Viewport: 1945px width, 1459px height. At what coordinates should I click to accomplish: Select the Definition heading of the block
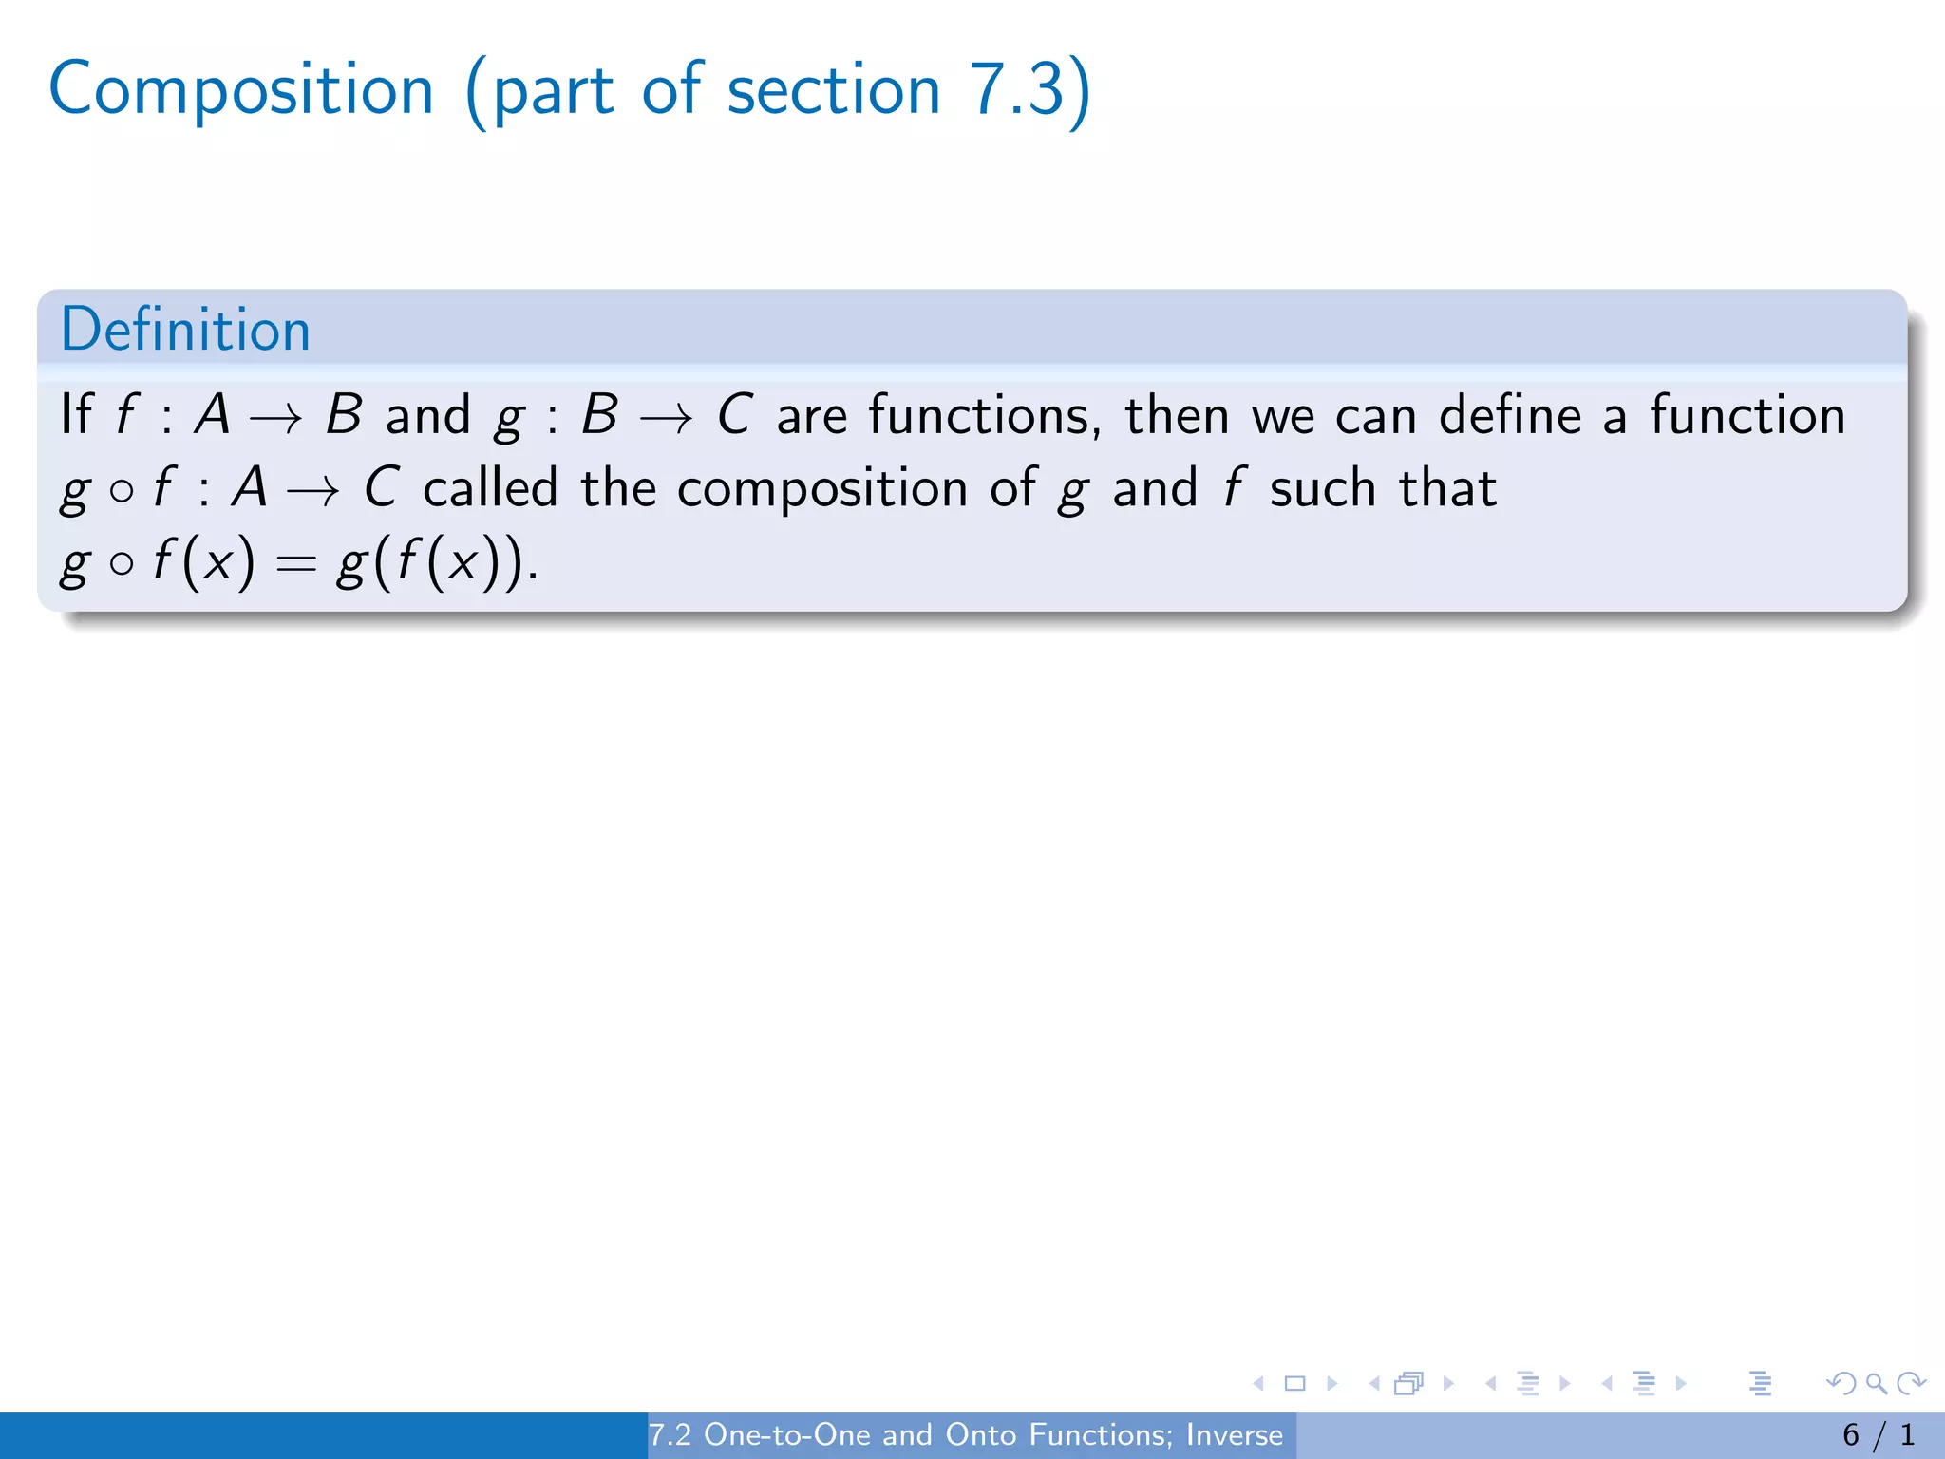coord(185,330)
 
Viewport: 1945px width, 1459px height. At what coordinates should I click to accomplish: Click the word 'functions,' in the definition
coord(985,416)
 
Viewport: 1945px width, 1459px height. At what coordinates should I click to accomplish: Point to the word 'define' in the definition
coord(1510,416)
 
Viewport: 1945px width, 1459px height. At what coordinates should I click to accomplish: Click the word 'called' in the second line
coord(490,488)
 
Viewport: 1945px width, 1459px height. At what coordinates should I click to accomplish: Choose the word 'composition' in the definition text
coord(822,490)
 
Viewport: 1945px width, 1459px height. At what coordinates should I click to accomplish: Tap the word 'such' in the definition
coord(1322,488)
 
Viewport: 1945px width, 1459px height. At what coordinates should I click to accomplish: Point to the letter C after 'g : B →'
coord(734,416)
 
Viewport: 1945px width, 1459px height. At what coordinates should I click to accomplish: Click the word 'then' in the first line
coord(1177,416)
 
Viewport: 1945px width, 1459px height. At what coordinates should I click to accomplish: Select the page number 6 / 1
coord(1879,1434)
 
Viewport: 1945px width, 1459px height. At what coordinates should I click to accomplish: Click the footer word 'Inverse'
coord(1234,1434)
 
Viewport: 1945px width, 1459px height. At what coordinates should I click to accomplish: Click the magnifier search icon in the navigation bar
coord(1876,1383)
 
